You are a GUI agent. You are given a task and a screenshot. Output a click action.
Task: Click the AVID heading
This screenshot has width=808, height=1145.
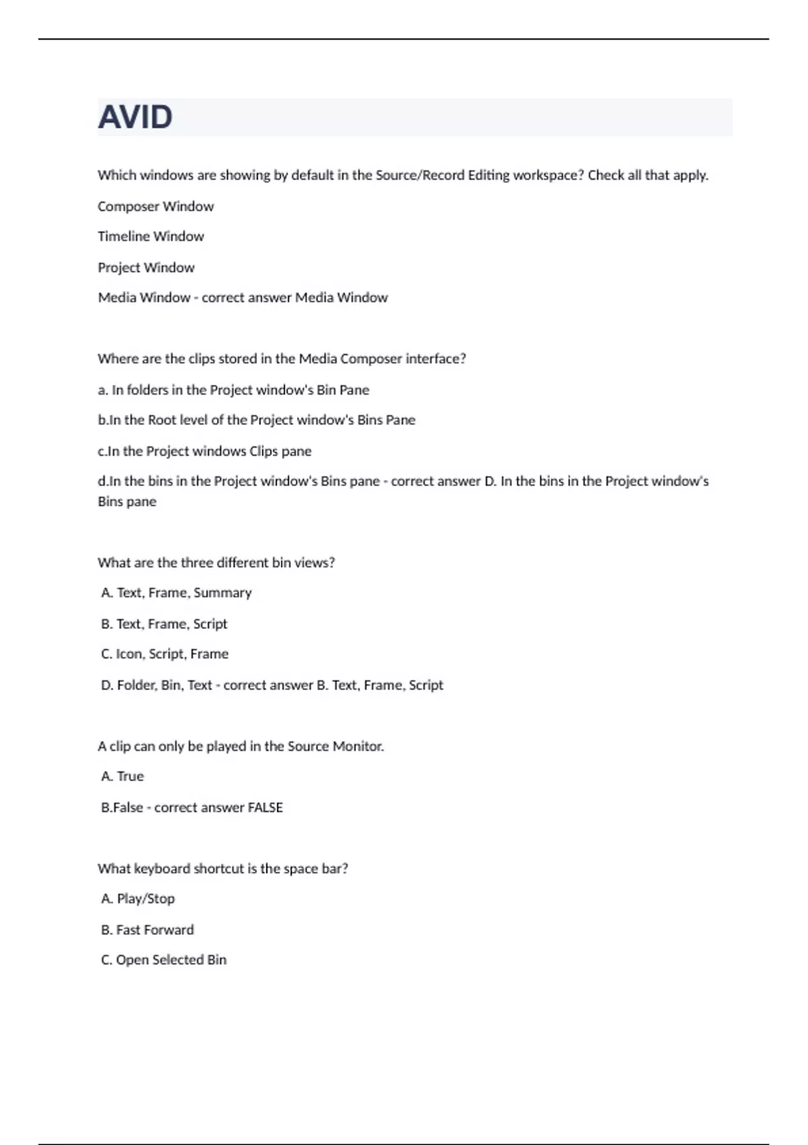[x=135, y=117]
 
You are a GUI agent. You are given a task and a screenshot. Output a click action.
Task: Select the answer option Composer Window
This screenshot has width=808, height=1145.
[x=156, y=206]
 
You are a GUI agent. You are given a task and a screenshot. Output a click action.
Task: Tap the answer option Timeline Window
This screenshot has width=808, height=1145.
[x=151, y=236]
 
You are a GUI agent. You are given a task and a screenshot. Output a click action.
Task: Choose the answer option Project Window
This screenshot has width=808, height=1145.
[x=146, y=267]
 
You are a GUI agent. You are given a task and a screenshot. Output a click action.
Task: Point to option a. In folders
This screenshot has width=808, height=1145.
[x=233, y=390]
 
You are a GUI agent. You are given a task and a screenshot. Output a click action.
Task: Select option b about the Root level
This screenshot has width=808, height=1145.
[x=257, y=420]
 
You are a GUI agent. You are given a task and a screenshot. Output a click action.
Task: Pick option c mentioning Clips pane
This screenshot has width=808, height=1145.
[x=205, y=451]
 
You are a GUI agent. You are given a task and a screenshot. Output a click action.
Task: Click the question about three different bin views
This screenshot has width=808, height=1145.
[x=216, y=562]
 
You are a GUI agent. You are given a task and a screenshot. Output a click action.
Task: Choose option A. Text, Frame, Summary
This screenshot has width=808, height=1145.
[x=176, y=593]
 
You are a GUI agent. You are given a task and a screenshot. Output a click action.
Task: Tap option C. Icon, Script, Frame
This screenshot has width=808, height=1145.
[x=165, y=654]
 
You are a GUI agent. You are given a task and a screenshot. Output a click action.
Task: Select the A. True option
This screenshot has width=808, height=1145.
[x=123, y=777]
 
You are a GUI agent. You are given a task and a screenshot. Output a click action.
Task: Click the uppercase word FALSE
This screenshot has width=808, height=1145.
[x=265, y=808]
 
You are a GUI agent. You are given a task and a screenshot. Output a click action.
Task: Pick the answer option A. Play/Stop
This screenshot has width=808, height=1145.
[x=138, y=898]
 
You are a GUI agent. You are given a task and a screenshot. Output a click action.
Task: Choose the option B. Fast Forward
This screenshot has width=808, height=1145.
[x=147, y=930]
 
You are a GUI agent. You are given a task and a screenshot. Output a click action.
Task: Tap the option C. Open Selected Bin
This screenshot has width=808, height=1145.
[x=164, y=960]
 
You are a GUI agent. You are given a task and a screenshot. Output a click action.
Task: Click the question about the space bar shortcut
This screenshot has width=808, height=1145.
[x=223, y=869]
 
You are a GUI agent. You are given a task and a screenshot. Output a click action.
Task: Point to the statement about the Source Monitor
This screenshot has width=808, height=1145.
[x=240, y=746]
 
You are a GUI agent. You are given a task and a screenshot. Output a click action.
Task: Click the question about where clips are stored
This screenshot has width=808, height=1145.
[x=281, y=359]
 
